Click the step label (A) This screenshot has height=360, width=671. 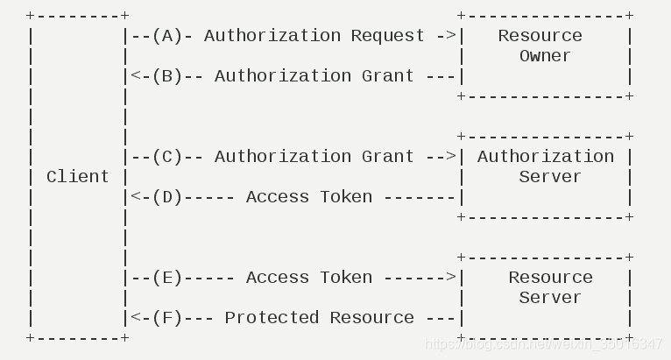[166, 36]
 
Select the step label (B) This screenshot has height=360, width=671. [166, 76]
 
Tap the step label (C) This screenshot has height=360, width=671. [166, 157]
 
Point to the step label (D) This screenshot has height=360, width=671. [166, 197]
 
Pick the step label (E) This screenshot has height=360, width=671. [166, 278]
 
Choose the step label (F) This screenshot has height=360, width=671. [166, 318]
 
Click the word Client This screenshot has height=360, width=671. [78, 177]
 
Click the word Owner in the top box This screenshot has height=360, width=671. [545, 56]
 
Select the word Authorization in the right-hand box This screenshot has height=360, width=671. [545, 157]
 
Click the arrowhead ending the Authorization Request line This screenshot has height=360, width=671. [450, 36]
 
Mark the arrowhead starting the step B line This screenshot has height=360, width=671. [136, 76]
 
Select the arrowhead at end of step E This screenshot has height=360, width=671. [450, 278]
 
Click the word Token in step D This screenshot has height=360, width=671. [345, 197]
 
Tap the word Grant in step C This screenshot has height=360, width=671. [387, 157]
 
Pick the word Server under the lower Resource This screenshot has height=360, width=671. [550, 298]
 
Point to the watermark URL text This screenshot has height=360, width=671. [543, 345]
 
